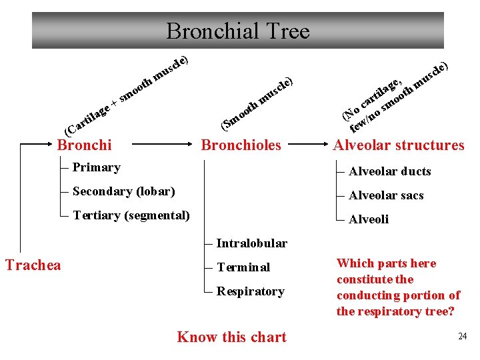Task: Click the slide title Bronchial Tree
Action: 238,31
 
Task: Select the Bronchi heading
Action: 85,145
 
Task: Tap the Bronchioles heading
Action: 241,145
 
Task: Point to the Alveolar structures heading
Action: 399,145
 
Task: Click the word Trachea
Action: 33,265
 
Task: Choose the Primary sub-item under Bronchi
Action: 96,167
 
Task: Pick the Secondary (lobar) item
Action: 123,191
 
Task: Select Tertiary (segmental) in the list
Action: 131,215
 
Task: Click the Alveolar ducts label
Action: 390,171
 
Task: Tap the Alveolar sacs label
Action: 386,195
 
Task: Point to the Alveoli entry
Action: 369,219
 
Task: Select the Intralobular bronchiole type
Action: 251,243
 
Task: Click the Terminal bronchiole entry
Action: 243,267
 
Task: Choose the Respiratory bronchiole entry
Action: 250,291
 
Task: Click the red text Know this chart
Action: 231,337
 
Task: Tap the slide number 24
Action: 462,336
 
